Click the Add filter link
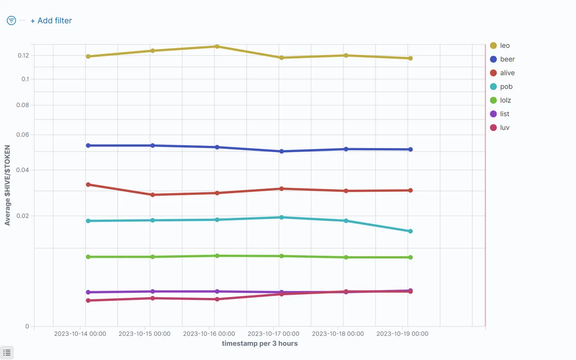tap(51, 21)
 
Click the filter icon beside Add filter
tap(11, 21)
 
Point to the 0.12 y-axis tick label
tap(22, 55)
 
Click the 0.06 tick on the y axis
tap(22, 135)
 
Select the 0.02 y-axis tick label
tap(22, 216)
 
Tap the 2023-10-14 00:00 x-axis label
tap(80, 334)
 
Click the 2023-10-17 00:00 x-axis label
tap(273, 334)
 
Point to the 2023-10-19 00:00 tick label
tap(402, 334)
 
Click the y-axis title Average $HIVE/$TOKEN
tap(8, 185)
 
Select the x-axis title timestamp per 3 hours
tap(260, 343)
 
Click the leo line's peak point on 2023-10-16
tap(217, 46)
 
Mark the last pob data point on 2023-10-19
tap(410, 231)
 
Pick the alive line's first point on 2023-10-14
tap(88, 184)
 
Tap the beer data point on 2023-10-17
tap(281, 151)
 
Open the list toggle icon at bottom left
tap(7, 352)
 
